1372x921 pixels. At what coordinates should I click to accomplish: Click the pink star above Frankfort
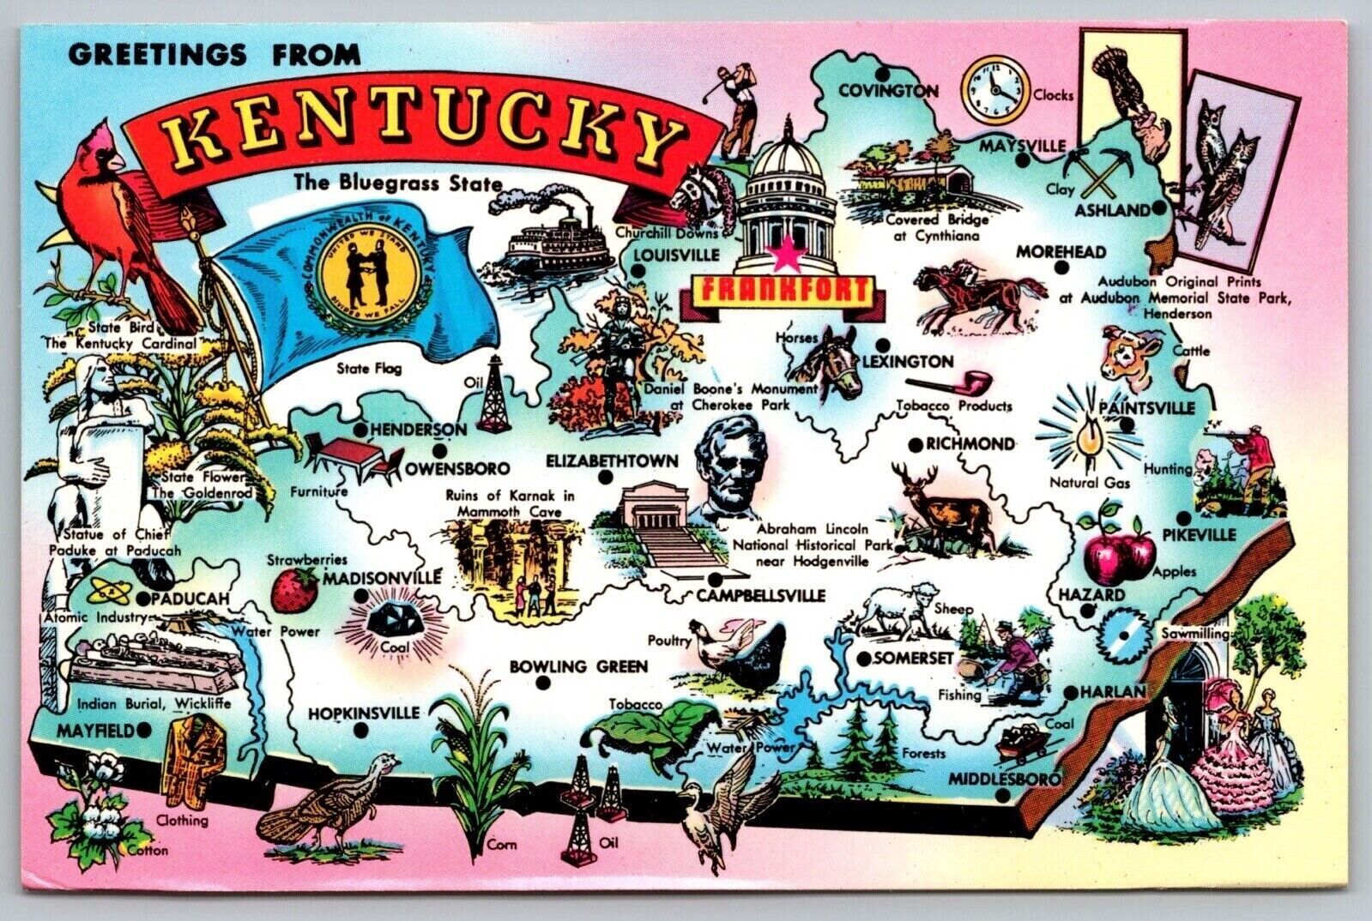click(x=782, y=253)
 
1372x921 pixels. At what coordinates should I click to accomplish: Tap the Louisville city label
click(x=676, y=255)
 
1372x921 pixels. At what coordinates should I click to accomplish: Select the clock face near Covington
click(x=994, y=89)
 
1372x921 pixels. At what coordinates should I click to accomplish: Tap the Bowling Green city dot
click(x=542, y=683)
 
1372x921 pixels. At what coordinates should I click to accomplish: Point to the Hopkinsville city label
click(x=364, y=713)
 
